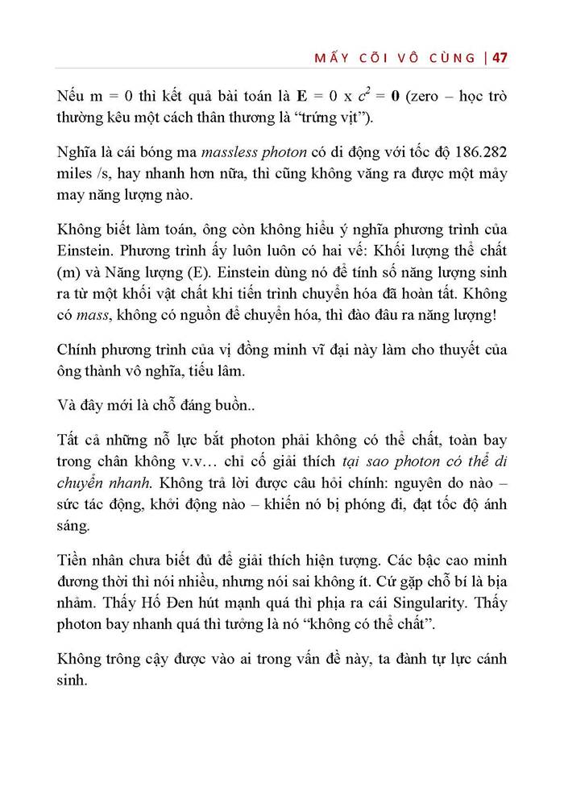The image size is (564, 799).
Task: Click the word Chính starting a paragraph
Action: click(79, 350)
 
